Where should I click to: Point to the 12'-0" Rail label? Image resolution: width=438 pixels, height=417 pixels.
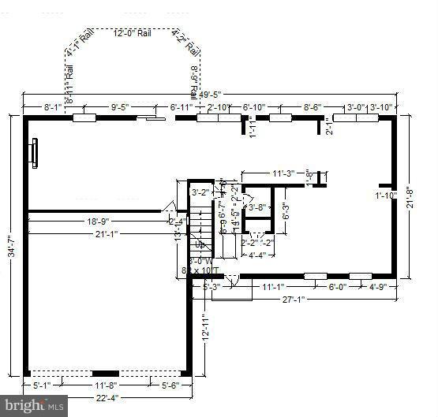point(133,34)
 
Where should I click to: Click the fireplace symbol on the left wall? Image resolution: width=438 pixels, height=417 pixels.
point(33,154)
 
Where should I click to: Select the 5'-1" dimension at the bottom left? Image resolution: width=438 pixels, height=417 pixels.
point(43,385)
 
